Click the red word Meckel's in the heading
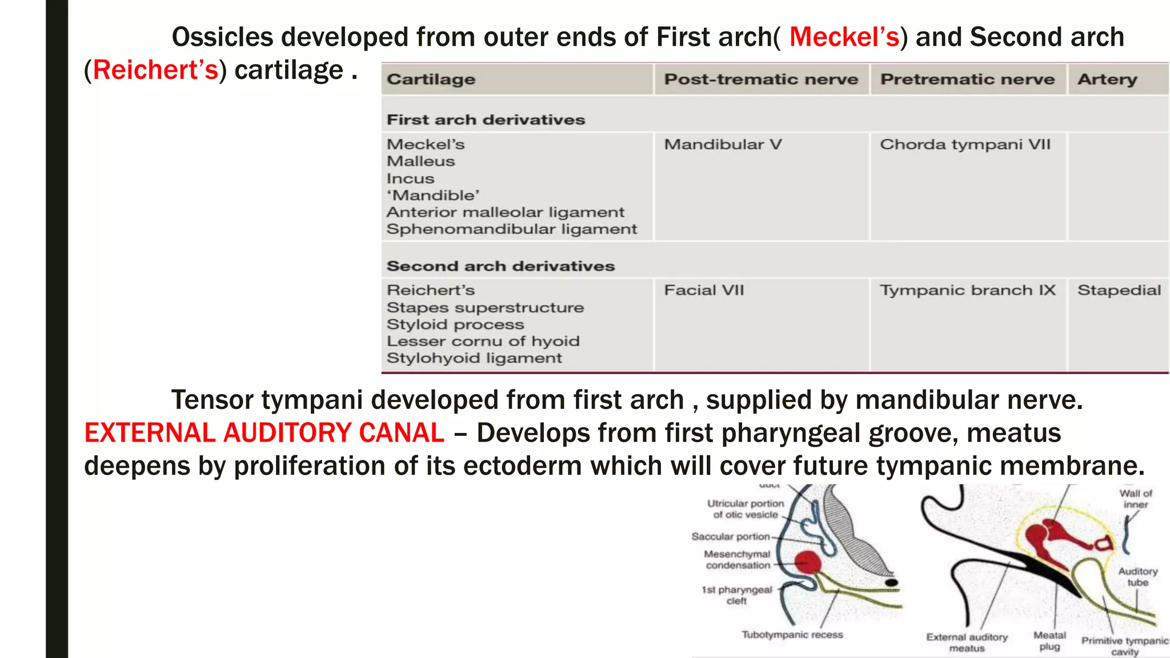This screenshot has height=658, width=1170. (844, 37)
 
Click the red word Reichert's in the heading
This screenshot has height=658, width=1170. (155, 70)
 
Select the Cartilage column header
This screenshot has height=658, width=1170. (431, 79)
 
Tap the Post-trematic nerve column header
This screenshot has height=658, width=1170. (760, 79)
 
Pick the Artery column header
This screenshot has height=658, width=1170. (1107, 79)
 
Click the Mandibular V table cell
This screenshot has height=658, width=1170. (722, 145)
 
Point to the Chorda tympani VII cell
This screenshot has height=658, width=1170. (965, 145)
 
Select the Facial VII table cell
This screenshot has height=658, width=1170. (704, 290)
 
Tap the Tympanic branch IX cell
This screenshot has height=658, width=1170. (967, 290)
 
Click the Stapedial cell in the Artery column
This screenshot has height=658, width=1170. (1119, 290)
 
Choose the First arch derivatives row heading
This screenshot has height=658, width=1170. (486, 120)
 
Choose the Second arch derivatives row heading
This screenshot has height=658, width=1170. (500, 266)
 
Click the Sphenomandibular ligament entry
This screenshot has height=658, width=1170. (511, 229)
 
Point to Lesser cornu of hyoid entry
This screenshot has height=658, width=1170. (483, 341)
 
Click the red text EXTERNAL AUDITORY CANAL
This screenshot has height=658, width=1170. (264, 432)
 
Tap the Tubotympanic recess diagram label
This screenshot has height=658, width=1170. (792, 635)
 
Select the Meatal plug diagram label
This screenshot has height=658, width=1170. (1049, 641)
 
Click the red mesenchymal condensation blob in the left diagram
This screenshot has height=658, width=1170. (808, 563)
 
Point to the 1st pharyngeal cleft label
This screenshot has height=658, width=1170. (736, 595)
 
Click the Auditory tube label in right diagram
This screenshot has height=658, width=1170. (1137, 577)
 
